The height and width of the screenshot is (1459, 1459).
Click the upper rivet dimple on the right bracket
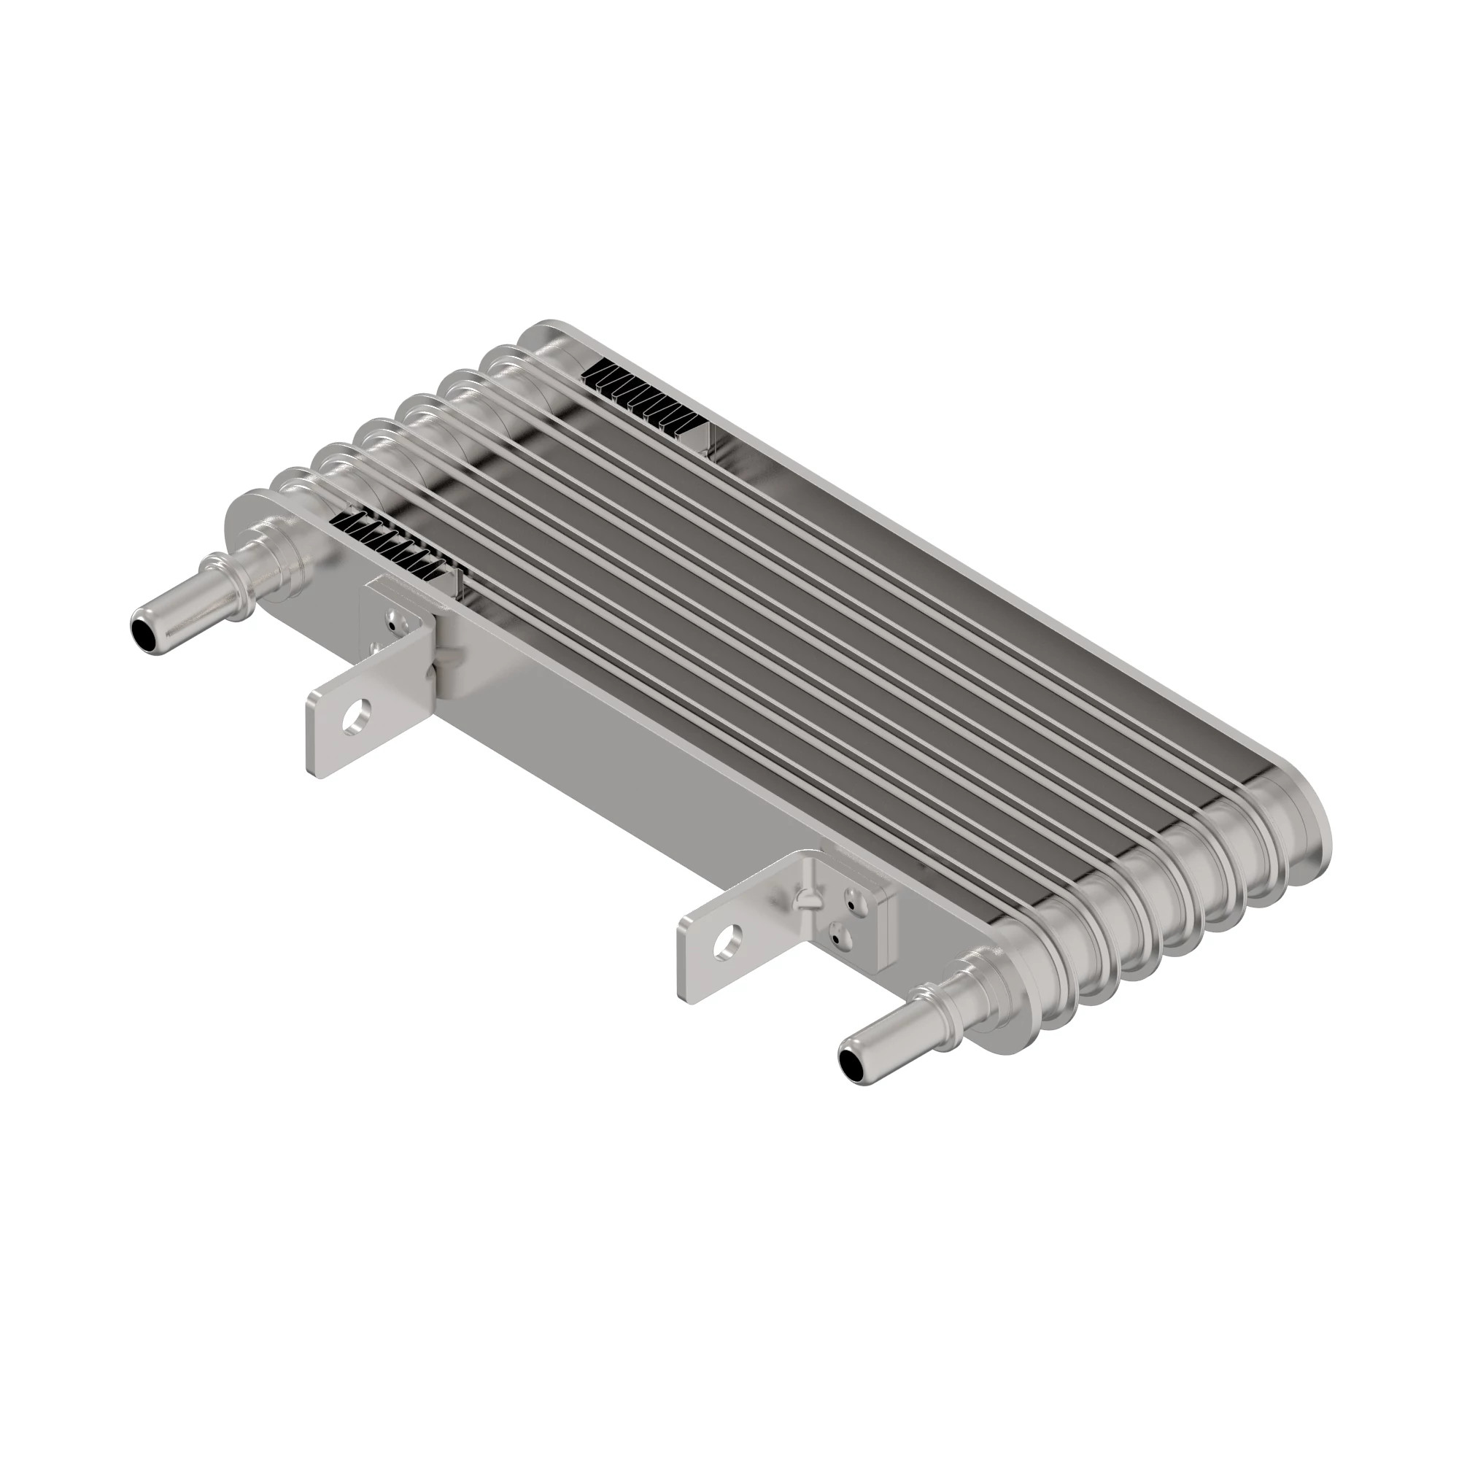pos(852,902)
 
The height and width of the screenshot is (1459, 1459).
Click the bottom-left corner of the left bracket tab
pos(311,770)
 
